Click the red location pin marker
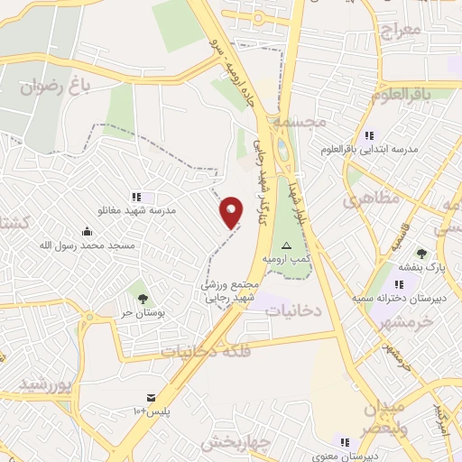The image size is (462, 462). tap(232, 212)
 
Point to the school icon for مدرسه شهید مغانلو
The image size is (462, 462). tap(136, 196)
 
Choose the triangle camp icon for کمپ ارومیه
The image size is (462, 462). tap(287, 245)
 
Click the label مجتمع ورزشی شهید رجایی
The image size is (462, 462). tap(229, 290)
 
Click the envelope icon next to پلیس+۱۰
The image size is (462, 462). tap(151, 398)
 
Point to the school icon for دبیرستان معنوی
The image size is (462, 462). tap(344, 441)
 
